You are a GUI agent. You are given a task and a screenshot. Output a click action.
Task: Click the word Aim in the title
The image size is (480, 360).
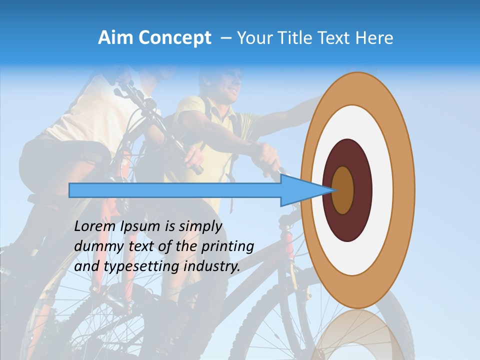(116, 38)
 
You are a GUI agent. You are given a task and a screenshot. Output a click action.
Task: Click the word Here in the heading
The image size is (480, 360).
(374, 38)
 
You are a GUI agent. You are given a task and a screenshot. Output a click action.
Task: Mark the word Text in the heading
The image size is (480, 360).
(333, 38)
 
